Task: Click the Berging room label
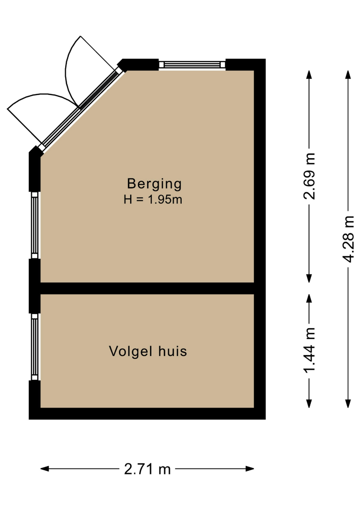[154, 184]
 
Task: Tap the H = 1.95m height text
[153, 199]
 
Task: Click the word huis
[173, 351]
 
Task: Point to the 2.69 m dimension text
[310, 176]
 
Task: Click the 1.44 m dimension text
[310, 350]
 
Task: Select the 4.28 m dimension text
[348, 239]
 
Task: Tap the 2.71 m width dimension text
[148, 469]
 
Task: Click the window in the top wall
[192, 64]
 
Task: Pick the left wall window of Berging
[34, 225]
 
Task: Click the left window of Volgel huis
[34, 347]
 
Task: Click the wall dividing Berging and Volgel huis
[147, 288]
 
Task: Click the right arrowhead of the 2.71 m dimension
[250, 469]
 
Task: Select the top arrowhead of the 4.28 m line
[348, 75]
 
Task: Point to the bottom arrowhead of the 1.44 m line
[310, 404]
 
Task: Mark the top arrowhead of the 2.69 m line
[310, 75]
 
